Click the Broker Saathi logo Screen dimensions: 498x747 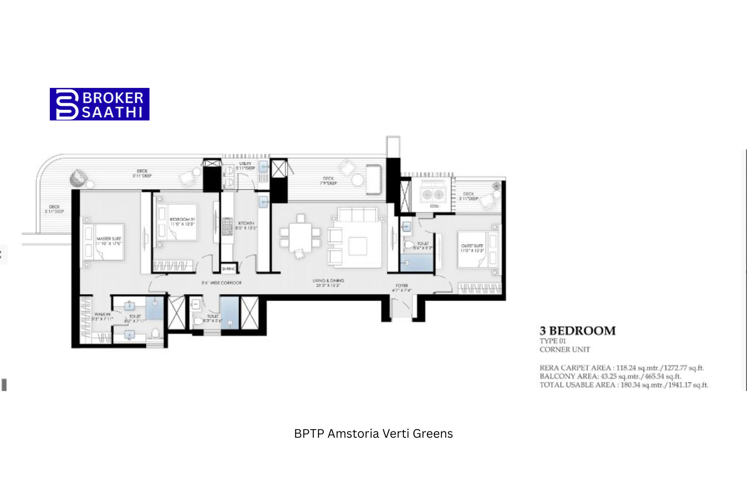pyautogui.click(x=100, y=104)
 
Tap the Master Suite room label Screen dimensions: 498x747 pyautogui.click(x=109, y=241)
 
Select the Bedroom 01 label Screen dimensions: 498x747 pyautogui.click(x=182, y=222)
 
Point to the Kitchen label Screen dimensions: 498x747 pyautogui.click(x=246, y=226)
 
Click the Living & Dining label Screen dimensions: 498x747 pyautogui.click(x=328, y=283)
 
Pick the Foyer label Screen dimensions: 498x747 pyautogui.click(x=402, y=288)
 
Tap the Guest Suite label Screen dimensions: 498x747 pyautogui.click(x=472, y=248)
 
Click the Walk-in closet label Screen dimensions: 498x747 pyautogui.click(x=102, y=316)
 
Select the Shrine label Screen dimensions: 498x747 pyautogui.click(x=228, y=269)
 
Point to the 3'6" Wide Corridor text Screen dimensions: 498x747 pyautogui.click(x=221, y=283)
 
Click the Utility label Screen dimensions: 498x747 pyautogui.click(x=245, y=166)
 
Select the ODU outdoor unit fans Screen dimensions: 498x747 pyautogui.click(x=433, y=194)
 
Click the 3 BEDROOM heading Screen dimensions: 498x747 pyautogui.click(x=577, y=331)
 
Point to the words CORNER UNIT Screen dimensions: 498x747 pyautogui.click(x=565, y=349)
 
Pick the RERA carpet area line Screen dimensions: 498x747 pyautogui.click(x=621, y=368)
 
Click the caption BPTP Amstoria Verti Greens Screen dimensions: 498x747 pyautogui.click(x=373, y=433)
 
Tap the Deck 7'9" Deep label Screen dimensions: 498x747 pyautogui.click(x=328, y=181)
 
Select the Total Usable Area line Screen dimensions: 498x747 pyautogui.click(x=624, y=385)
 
